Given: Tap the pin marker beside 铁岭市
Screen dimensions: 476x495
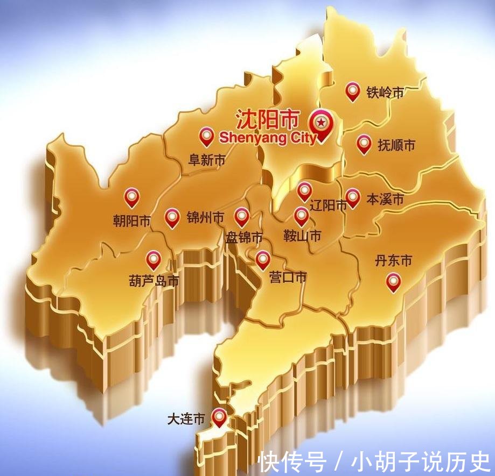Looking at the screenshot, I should point(352,91).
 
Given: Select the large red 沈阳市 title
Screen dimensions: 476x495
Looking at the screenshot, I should point(267,120).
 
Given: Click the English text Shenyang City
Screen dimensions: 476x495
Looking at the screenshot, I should point(267,138).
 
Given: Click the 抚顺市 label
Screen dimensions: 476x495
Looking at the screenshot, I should point(396,145).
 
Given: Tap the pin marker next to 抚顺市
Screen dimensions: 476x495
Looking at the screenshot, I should point(364,144).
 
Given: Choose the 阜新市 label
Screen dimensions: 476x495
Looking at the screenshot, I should point(206,160).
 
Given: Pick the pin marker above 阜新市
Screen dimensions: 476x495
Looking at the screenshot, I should point(206,136).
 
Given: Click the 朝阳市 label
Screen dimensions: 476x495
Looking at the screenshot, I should point(132,221).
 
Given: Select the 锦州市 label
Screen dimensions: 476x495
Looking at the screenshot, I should point(205,217).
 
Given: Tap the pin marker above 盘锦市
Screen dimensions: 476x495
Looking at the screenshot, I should point(242,217).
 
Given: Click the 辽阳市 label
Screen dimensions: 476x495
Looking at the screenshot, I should point(327,205).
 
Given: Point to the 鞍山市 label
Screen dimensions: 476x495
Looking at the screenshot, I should point(302,236).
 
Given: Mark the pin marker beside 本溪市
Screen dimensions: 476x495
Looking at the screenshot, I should point(353,197).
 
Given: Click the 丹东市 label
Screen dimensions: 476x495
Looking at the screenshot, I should point(393,261).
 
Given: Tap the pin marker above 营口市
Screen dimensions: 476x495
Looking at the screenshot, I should point(263,260).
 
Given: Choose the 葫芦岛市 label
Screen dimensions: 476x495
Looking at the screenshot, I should point(154,281).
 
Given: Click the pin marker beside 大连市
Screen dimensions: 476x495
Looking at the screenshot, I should point(219,417).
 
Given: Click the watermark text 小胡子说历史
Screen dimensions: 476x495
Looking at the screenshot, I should point(420,461).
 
